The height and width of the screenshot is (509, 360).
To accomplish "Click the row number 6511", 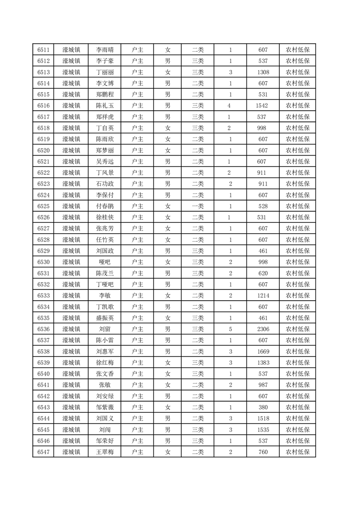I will pos(44,50).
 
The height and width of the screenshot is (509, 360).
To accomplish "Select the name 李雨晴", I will pos(105,50).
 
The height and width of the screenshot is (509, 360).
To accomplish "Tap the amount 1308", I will pos(263,72).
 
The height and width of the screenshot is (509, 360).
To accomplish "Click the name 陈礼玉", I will pos(105,106).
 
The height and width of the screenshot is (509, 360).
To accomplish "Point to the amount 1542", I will pos(263,106).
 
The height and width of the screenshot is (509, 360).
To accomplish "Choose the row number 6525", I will pos(44,206).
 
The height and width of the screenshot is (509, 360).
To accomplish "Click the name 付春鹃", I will pos(105,206).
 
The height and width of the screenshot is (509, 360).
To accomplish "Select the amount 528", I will pos(263,206).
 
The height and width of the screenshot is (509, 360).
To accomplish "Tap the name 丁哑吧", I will pos(105,284).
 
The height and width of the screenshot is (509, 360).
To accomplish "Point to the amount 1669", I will pos(263,352).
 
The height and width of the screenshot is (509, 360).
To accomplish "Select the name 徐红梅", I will pos(105,362).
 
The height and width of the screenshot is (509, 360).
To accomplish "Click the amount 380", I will pos(263,407).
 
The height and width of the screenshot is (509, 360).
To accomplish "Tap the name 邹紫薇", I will pos(105,407).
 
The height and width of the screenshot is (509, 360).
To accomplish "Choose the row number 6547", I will pos(44,452).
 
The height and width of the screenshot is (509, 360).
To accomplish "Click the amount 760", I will pos(263,452).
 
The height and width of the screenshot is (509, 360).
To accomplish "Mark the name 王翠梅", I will pos(105,452).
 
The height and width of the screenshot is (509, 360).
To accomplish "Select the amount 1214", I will pos(263,296).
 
